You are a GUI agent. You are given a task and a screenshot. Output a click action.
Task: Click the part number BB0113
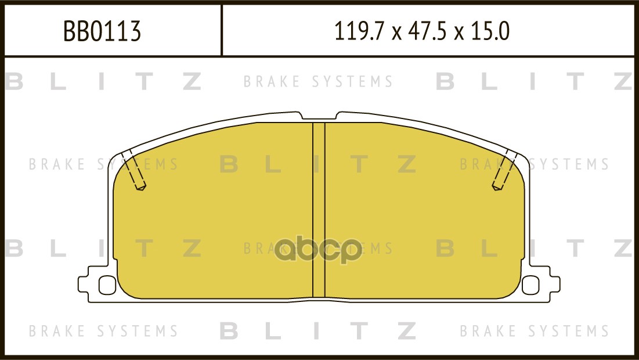(x=102, y=31)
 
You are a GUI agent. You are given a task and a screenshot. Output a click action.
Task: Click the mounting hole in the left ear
(x=107, y=285)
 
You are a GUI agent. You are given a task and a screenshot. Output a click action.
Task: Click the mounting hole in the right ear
(x=530, y=285)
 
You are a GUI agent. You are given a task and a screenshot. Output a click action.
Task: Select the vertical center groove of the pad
(x=319, y=209)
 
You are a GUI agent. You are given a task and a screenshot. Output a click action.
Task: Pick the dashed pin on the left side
(x=135, y=170)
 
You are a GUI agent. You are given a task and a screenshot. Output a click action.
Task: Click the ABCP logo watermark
(x=319, y=251)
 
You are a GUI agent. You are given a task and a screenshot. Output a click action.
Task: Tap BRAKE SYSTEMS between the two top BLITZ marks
(x=318, y=82)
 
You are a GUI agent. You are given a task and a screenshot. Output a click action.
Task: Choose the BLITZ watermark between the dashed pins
(x=318, y=165)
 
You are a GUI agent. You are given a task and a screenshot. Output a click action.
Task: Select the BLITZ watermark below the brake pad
(x=318, y=331)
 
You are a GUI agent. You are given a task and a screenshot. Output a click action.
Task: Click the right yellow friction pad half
(x=424, y=215)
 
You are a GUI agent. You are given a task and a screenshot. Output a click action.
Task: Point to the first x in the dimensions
(x=397, y=33)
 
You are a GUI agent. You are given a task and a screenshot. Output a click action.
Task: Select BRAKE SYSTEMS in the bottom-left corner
(x=103, y=332)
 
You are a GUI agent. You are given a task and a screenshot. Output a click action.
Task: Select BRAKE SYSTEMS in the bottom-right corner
(x=534, y=332)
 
